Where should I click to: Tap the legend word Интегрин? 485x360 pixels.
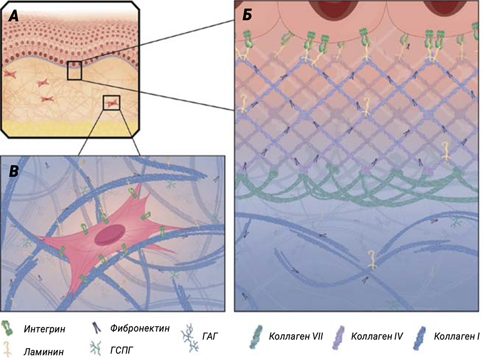point(45,329)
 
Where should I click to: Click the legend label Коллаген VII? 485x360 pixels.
point(295,336)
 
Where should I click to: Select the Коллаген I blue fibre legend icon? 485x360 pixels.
point(421,337)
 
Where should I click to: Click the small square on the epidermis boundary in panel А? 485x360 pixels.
point(75,71)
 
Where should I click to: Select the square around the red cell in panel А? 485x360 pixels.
point(111,103)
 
